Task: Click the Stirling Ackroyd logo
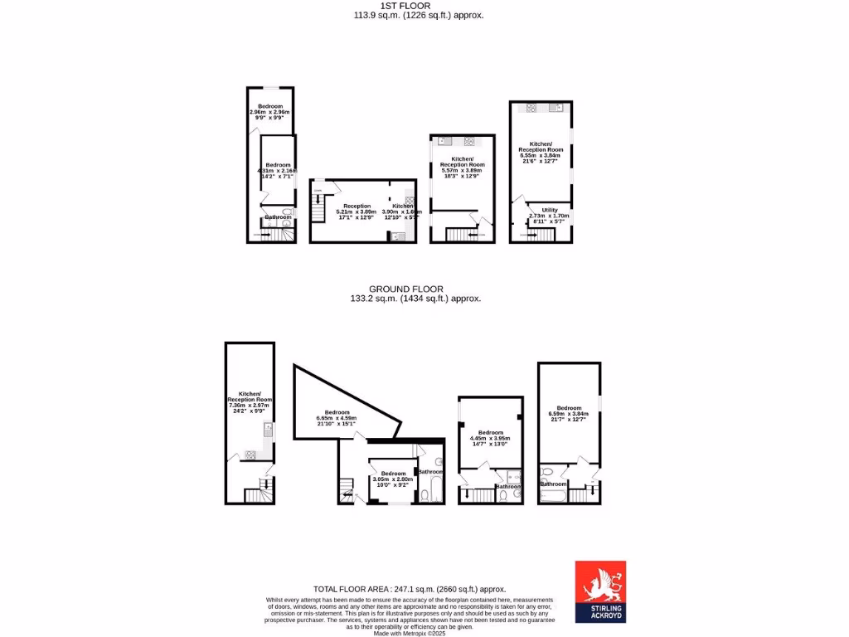[600, 591]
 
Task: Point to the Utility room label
[550, 213]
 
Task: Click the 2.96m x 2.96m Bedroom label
[269, 110]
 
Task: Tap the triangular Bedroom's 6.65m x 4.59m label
[337, 417]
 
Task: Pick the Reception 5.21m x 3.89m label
[357, 211]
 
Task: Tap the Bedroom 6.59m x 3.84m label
[569, 411]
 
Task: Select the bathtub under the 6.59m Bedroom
[551, 496]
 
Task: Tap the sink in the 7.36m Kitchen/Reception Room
[268, 429]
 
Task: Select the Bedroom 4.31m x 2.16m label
[278, 170]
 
